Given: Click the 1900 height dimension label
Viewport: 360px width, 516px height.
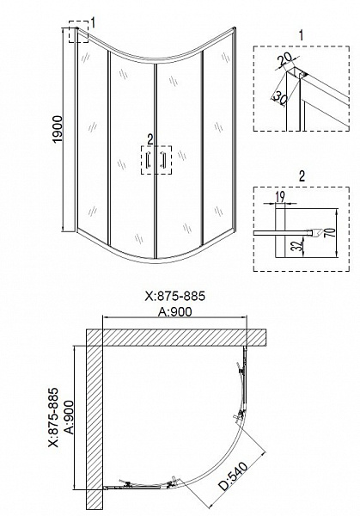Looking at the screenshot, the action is [58, 129].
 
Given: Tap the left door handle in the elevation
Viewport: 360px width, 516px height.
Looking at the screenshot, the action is [149, 160].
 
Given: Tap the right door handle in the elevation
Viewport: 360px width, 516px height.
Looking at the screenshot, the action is [162, 160].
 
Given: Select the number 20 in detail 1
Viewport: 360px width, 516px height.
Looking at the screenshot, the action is [284, 59].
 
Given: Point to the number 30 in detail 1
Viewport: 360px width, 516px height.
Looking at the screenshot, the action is [279, 98].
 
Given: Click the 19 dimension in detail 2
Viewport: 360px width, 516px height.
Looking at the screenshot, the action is [280, 197].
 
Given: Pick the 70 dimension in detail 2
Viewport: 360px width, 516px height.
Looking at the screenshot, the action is [332, 232].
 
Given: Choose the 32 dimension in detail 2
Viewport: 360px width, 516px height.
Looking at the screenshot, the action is [297, 245].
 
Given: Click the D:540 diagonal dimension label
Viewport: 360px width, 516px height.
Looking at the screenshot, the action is [234, 476].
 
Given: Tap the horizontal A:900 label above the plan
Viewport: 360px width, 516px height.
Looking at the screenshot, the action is [174, 311].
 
